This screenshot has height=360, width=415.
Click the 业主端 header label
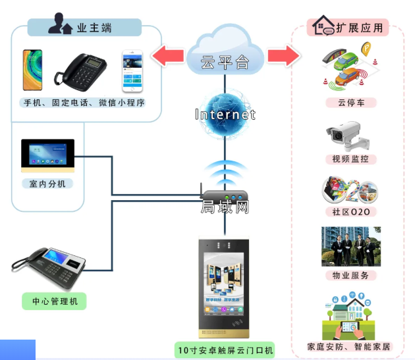coord(85,28)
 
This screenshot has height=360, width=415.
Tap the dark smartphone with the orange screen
coord(32,70)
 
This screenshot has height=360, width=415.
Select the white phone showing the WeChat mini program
coord(132,70)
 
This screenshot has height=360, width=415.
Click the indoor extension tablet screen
coord(48,156)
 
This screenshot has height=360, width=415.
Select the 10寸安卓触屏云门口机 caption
coord(225,349)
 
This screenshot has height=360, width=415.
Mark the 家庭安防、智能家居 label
coord(348,346)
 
